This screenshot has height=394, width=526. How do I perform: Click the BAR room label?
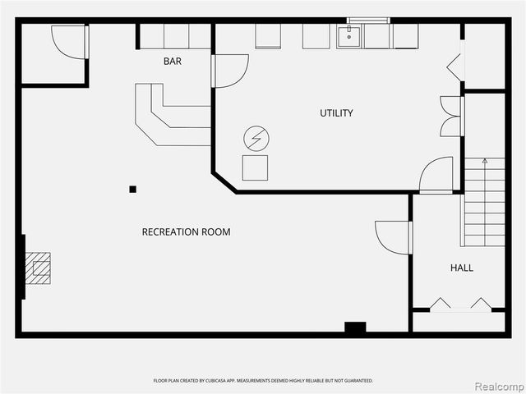point(173,62)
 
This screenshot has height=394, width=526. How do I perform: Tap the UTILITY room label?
point(336,113)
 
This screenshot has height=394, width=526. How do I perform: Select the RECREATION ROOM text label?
point(186,232)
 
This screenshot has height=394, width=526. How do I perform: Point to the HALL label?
point(461,268)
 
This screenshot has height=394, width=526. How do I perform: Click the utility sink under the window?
point(348,37)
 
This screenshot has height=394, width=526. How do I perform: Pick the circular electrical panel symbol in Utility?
point(256,138)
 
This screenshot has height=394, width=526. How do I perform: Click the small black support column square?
point(132,190)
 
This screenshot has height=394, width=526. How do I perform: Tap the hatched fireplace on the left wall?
point(37,268)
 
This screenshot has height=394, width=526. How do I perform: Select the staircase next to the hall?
point(484,202)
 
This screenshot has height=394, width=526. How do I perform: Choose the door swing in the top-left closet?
point(69,42)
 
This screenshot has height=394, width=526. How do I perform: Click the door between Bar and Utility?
point(230,71)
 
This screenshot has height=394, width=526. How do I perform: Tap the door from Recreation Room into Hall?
point(393,237)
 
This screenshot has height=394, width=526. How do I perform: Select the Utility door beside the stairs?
point(436,174)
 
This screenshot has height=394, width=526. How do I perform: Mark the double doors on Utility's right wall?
point(451,117)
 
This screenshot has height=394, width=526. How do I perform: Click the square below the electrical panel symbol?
point(255,167)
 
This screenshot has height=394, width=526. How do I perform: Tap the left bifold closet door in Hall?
point(441,305)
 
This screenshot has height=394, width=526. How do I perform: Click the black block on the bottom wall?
point(355,328)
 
